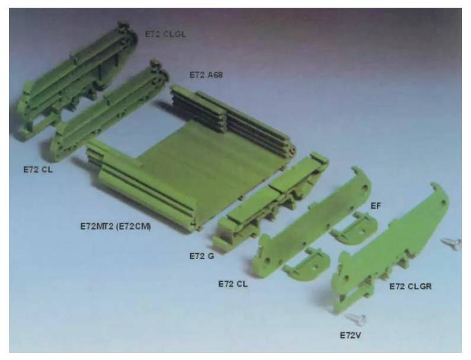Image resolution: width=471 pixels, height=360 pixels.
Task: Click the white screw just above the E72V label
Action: coord(357,320)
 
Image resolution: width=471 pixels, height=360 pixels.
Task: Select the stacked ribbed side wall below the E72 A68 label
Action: coord(231,116)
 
